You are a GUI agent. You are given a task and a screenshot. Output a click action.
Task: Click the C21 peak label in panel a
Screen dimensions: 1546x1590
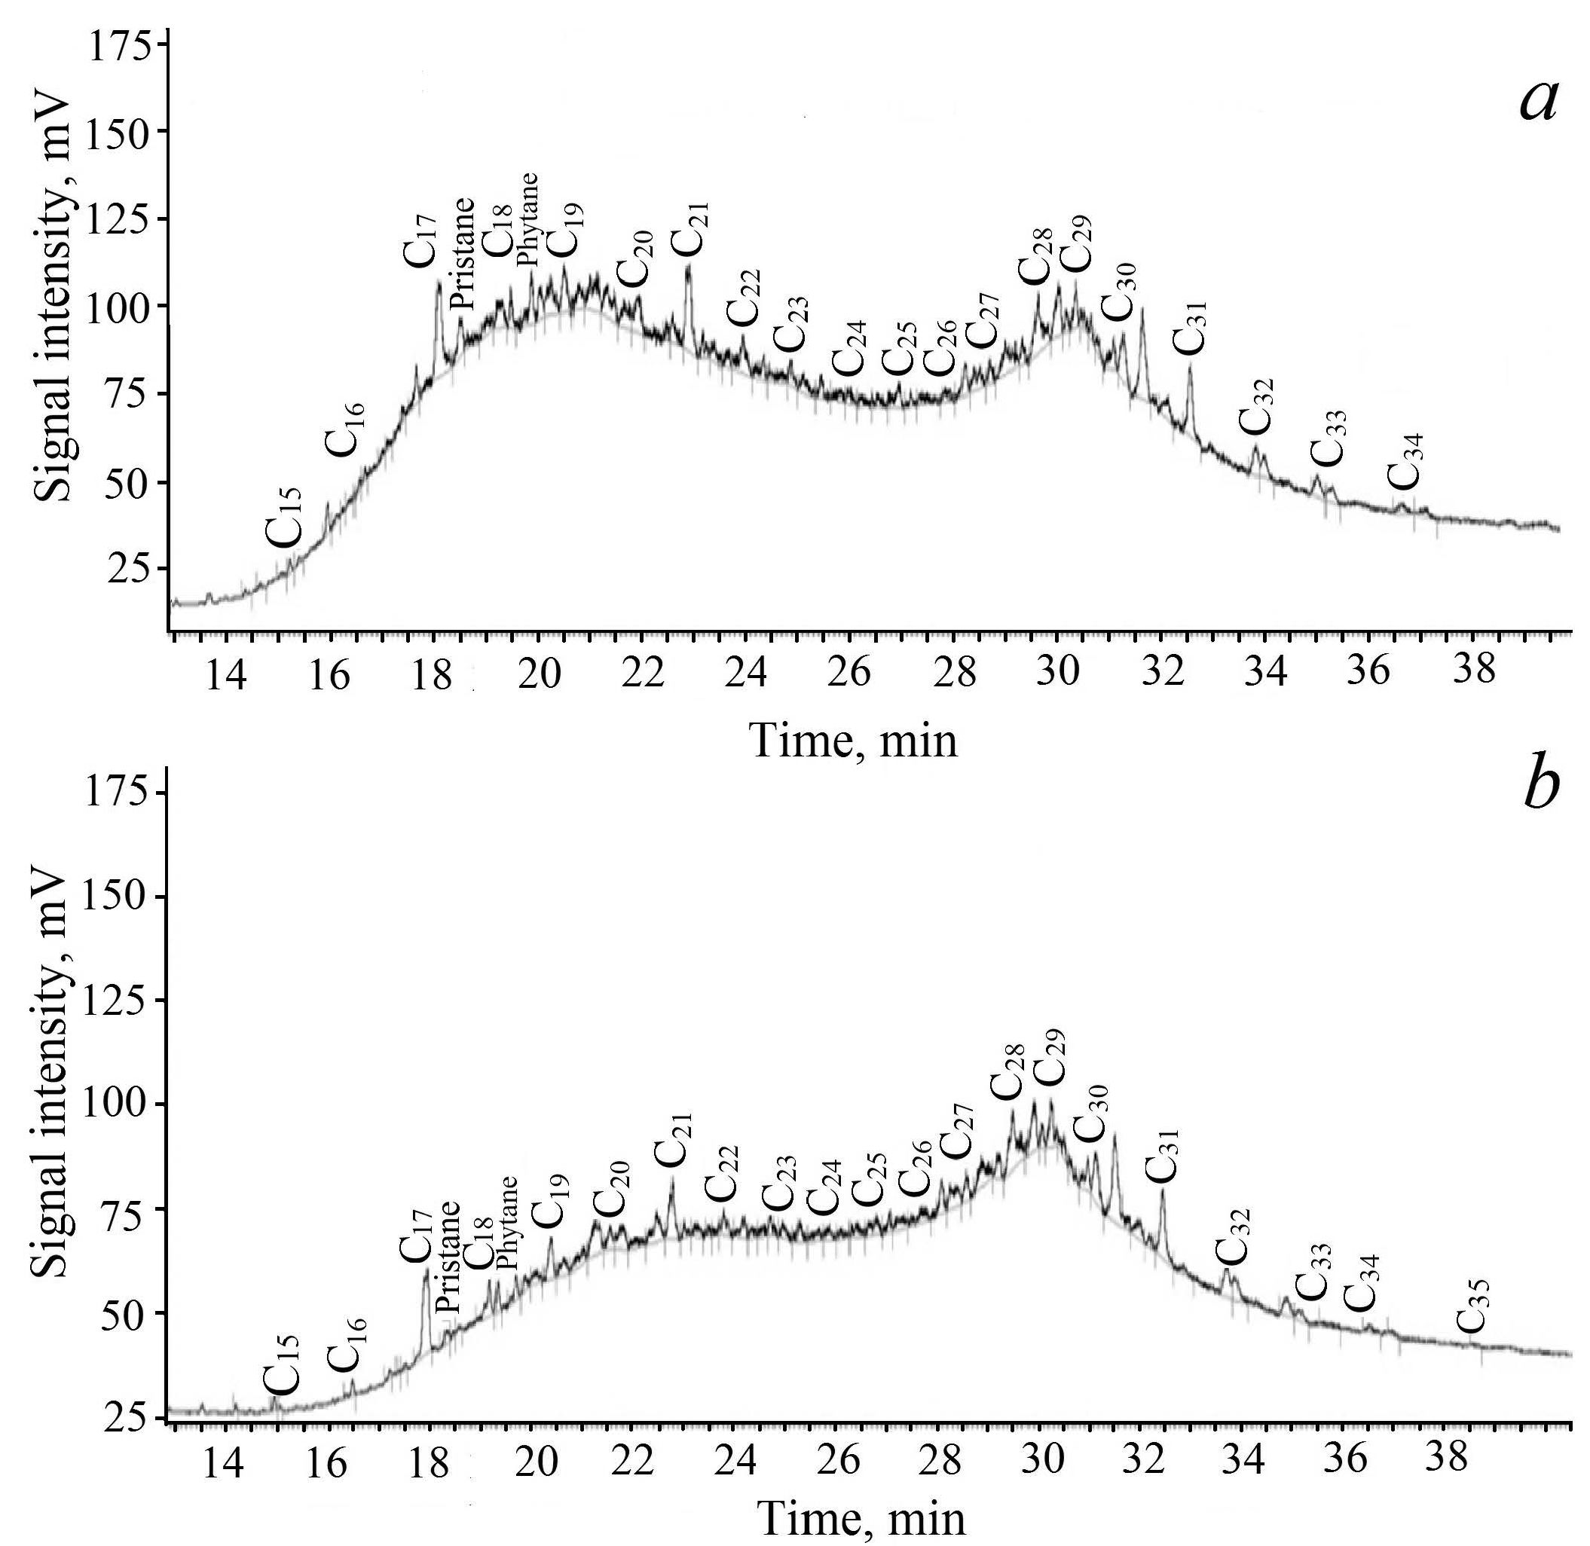point(690,228)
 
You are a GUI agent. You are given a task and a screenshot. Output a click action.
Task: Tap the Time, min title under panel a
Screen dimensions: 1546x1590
point(855,741)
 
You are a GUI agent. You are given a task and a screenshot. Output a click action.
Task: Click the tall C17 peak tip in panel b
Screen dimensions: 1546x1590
point(426,1273)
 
